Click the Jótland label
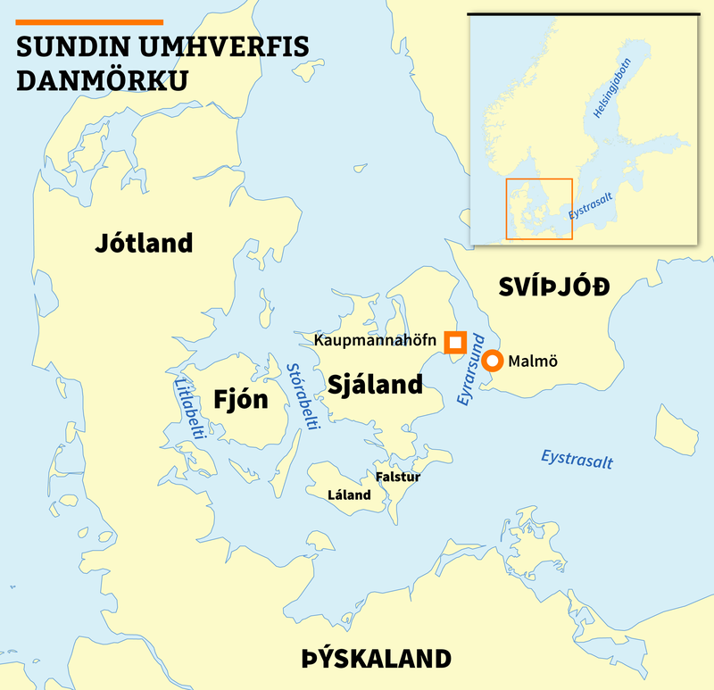(144, 243)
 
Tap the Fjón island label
(241, 399)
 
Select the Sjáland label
(375, 385)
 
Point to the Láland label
(349, 495)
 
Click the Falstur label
(397, 477)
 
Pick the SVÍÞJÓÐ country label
(553, 287)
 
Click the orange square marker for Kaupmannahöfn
(456, 342)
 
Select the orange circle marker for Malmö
(492, 362)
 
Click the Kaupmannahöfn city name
(375, 341)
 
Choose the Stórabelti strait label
(303, 396)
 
